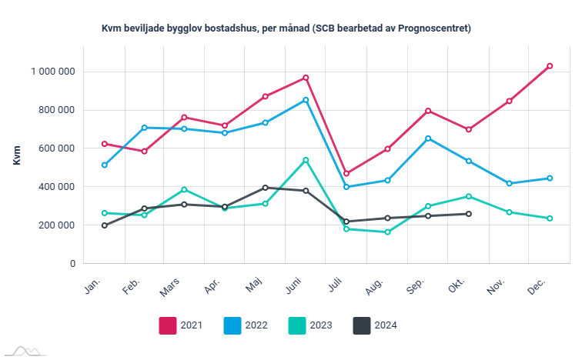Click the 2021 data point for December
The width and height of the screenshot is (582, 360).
click(x=550, y=66)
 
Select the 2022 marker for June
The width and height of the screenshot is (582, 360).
click(x=306, y=100)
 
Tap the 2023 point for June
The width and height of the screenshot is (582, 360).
click(x=306, y=160)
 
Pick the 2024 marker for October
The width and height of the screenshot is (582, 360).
click(x=469, y=214)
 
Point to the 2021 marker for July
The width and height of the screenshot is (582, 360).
click(x=346, y=174)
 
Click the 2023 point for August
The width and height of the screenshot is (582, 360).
click(x=387, y=232)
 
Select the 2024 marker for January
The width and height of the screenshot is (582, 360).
click(x=104, y=225)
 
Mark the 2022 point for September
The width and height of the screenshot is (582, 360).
click(x=428, y=138)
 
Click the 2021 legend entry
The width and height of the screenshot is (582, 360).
click(x=182, y=325)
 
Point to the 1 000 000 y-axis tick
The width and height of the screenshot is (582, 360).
click(x=53, y=72)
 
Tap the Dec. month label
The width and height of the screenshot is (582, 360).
click(x=537, y=285)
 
